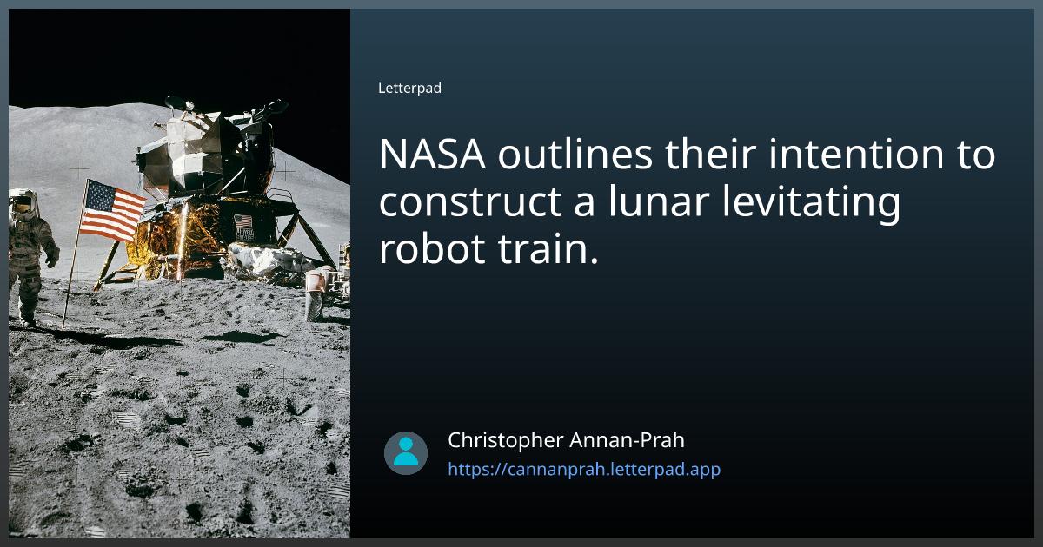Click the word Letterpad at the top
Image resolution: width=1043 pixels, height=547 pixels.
click(409, 89)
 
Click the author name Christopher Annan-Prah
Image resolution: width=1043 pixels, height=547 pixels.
click(566, 440)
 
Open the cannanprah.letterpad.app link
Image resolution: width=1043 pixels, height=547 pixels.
click(584, 470)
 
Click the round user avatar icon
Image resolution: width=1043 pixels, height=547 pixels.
click(406, 453)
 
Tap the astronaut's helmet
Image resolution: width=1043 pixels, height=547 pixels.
click(23, 203)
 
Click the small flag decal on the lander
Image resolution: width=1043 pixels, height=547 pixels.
click(243, 223)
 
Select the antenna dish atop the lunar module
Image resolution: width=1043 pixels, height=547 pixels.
click(178, 103)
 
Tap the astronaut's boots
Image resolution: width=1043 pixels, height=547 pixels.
click(29, 321)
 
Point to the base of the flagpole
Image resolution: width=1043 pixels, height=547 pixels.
click(63, 327)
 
